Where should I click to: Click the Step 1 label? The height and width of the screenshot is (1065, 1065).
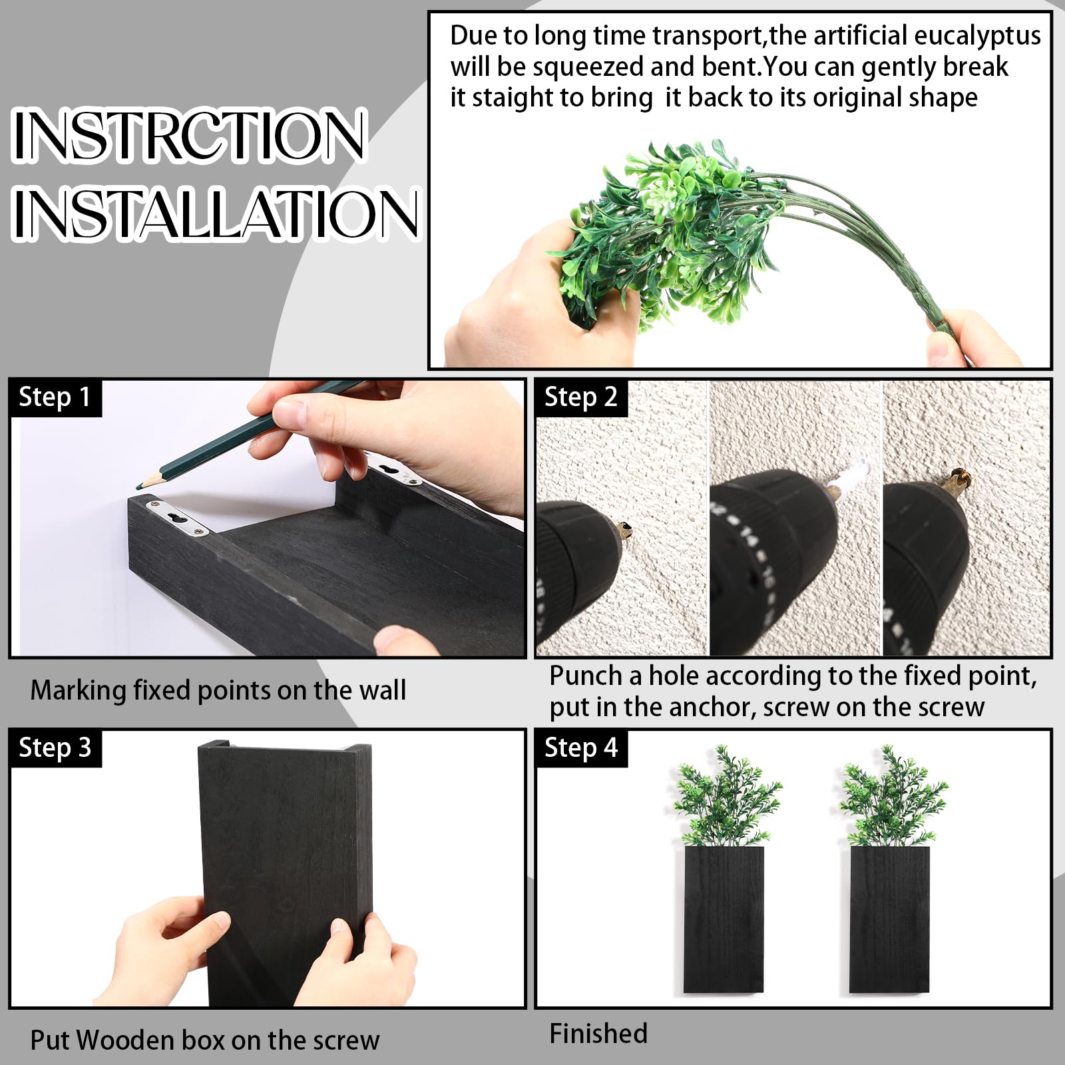(x=55, y=397)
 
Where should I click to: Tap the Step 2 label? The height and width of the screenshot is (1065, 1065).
(x=581, y=397)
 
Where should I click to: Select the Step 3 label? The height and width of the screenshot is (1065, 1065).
(x=55, y=748)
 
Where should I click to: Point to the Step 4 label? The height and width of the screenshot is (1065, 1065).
(x=581, y=748)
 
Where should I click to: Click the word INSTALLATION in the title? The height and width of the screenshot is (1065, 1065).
(x=216, y=213)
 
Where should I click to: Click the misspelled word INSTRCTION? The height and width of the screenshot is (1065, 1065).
(x=189, y=135)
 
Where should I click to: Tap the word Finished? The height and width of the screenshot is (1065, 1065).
(x=598, y=1034)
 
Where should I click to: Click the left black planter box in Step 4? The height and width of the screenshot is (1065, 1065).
(x=724, y=920)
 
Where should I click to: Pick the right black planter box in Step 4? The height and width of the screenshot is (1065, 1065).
(x=889, y=920)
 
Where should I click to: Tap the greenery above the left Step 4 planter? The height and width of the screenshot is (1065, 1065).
(x=725, y=796)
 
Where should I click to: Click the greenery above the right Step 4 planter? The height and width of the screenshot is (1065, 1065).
(x=891, y=796)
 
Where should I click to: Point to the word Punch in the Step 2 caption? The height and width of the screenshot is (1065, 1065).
(x=586, y=676)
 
